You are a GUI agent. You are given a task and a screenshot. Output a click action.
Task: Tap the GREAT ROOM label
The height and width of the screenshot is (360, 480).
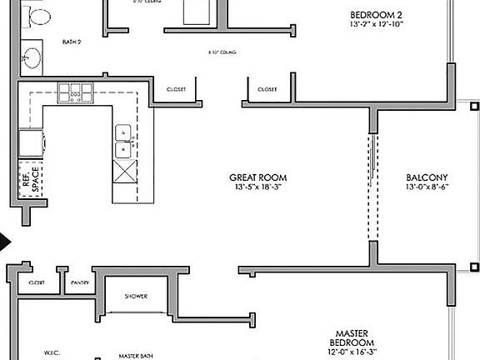(x=258, y=177)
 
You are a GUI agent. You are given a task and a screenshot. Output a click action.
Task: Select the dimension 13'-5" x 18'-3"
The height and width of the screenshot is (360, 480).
(x=258, y=188)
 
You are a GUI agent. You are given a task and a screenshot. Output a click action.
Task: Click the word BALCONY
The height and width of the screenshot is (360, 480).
(x=427, y=177)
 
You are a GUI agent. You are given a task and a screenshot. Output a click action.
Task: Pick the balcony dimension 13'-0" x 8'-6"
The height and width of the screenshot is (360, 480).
(x=427, y=188)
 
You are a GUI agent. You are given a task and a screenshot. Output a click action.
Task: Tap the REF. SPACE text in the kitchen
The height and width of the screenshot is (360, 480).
(x=30, y=182)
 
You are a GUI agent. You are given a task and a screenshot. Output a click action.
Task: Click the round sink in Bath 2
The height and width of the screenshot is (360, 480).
(x=32, y=57)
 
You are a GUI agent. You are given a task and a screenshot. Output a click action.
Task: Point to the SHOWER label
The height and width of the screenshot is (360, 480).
(x=136, y=296)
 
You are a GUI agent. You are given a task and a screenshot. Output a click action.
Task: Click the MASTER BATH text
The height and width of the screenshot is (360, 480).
(x=133, y=353)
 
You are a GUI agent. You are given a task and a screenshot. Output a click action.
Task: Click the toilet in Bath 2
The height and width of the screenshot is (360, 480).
(x=39, y=13)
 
